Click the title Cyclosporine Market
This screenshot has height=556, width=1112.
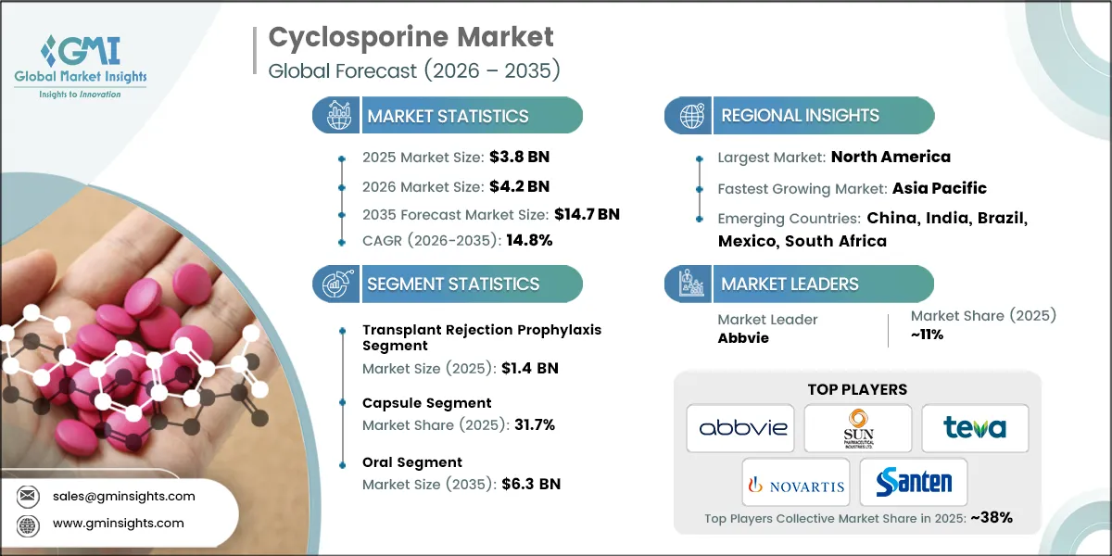click(x=411, y=37)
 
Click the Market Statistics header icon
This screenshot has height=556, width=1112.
click(x=335, y=116)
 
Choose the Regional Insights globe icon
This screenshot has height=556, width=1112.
click(x=689, y=116)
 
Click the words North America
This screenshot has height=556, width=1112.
click(x=891, y=157)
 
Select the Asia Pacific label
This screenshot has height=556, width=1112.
click(x=939, y=188)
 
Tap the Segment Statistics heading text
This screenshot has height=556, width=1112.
click(x=453, y=284)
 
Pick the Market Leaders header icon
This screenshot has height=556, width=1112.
click(x=689, y=284)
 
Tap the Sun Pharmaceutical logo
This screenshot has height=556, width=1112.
click(x=857, y=427)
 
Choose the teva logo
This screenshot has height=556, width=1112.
click(x=975, y=427)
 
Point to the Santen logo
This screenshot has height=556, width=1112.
click(x=914, y=482)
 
